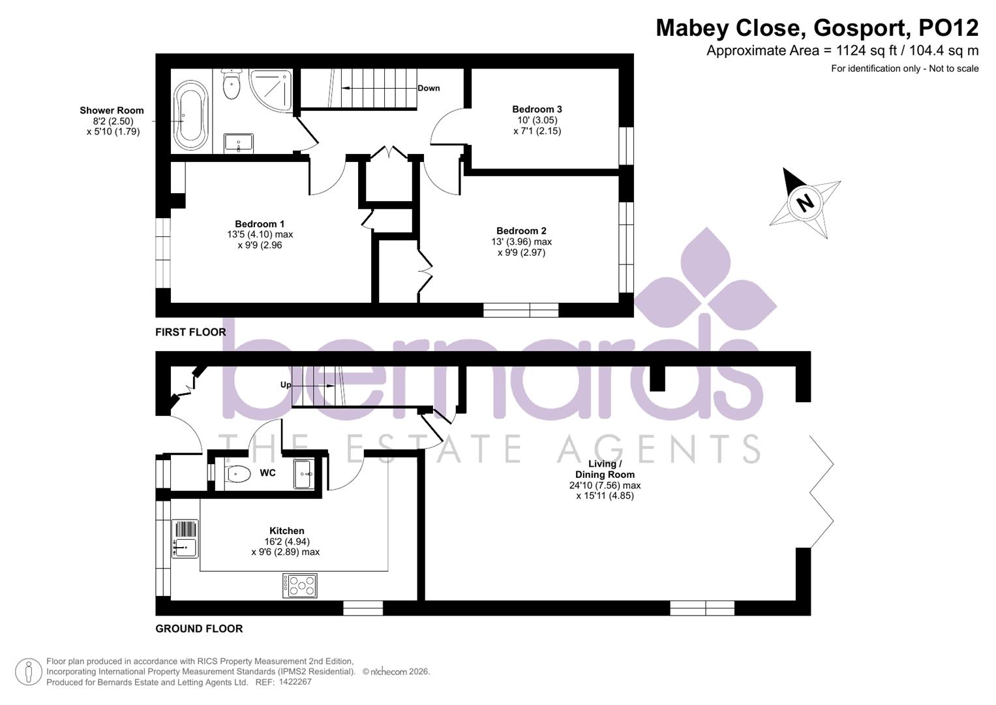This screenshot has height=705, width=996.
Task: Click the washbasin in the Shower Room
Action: pyautogui.click(x=239, y=142)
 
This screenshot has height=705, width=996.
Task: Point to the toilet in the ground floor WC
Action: pyautogui.click(x=235, y=473)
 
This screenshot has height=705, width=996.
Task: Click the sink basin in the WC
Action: pyautogui.click(x=304, y=473)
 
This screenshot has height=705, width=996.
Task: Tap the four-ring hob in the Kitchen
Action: pyautogui.click(x=300, y=585)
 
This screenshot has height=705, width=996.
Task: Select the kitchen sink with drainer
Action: pyautogui.click(x=185, y=539)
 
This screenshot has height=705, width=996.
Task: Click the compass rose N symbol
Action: pyautogui.click(x=805, y=202)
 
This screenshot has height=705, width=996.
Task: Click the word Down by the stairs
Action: pyautogui.click(x=429, y=88)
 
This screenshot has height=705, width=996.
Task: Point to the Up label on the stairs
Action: pyautogui.click(x=286, y=384)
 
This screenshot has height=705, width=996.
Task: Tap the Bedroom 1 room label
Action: pyautogui.click(x=260, y=224)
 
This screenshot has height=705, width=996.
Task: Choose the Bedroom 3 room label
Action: pyautogui.click(x=537, y=109)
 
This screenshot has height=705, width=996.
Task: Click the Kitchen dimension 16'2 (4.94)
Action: pyautogui.click(x=287, y=541)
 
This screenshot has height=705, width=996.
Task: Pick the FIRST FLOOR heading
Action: pyautogui.click(x=190, y=332)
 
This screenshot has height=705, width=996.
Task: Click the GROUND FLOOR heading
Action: pyautogui.click(x=199, y=629)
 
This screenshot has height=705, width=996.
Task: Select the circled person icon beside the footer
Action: pyautogui.click(x=28, y=672)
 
